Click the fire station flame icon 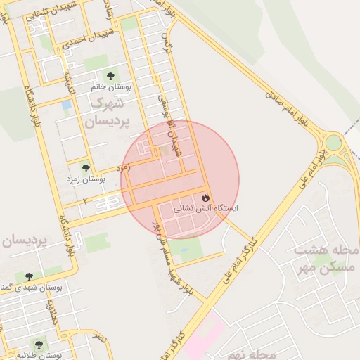tap(206, 197)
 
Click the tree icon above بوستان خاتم tap(110, 75)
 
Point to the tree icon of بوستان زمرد tap(86, 169)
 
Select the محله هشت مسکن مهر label tap(326, 258)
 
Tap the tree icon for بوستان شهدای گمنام tap(29, 276)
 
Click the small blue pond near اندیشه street tap(67, 105)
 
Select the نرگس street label tap(167, 41)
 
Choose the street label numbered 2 tap(86, 201)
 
